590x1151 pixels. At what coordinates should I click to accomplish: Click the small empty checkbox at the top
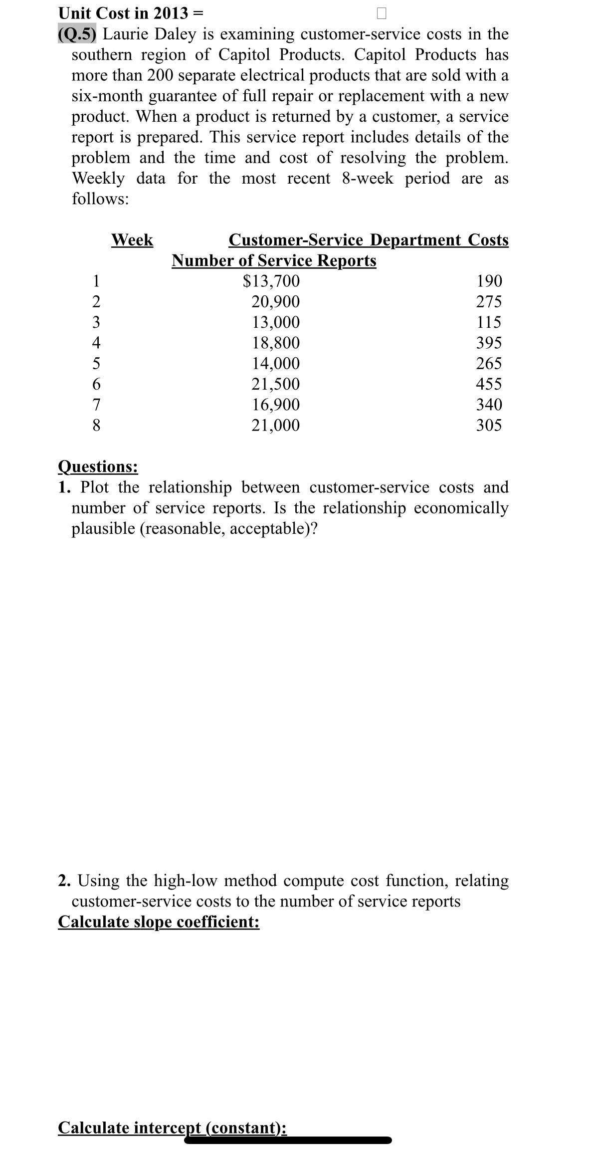point(381,13)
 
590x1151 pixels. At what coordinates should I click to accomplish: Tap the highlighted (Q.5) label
point(78,34)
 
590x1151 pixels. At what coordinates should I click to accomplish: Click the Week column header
point(132,239)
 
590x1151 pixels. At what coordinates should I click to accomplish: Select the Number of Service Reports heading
point(274,260)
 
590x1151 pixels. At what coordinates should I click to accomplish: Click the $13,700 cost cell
point(271,281)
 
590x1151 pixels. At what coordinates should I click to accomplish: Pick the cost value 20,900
point(275,302)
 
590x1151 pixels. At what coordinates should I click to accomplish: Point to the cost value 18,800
point(275,343)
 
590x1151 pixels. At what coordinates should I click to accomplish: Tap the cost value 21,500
point(275,384)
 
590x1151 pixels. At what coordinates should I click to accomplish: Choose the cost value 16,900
point(275,405)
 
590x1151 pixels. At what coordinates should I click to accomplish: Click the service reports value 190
point(489,281)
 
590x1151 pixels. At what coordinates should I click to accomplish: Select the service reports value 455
point(489,384)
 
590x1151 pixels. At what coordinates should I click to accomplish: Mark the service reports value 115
point(489,322)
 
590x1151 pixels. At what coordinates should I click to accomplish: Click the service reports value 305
point(489,426)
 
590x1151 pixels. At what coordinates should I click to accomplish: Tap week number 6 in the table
point(97,384)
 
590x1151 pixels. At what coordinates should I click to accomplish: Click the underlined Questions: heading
point(98,466)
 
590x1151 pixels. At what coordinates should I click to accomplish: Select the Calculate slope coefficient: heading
point(159,921)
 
